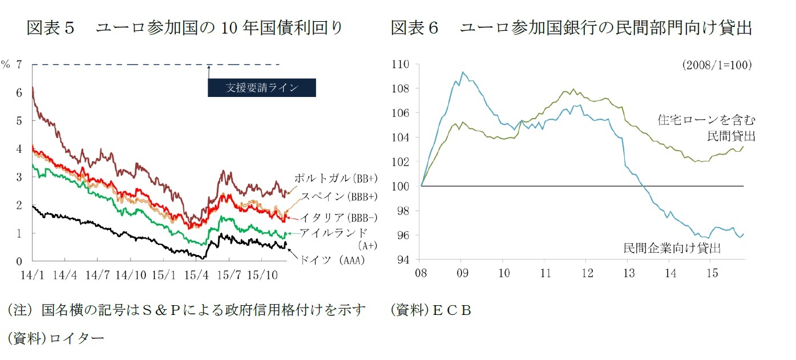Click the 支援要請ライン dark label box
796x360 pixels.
click(x=261, y=87)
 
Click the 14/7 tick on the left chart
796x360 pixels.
click(x=98, y=274)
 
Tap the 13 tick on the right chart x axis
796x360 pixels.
click(x=629, y=272)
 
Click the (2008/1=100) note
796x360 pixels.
click(x=717, y=65)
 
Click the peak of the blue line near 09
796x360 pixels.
click(x=462, y=72)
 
